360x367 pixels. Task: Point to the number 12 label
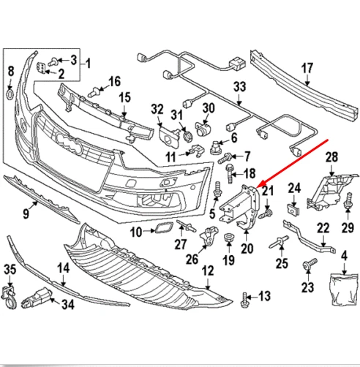point(207,270)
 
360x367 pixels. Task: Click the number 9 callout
point(26,213)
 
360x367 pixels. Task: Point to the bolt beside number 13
point(244,297)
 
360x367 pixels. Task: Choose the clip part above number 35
point(10,295)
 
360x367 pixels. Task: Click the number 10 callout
point(135,232)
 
